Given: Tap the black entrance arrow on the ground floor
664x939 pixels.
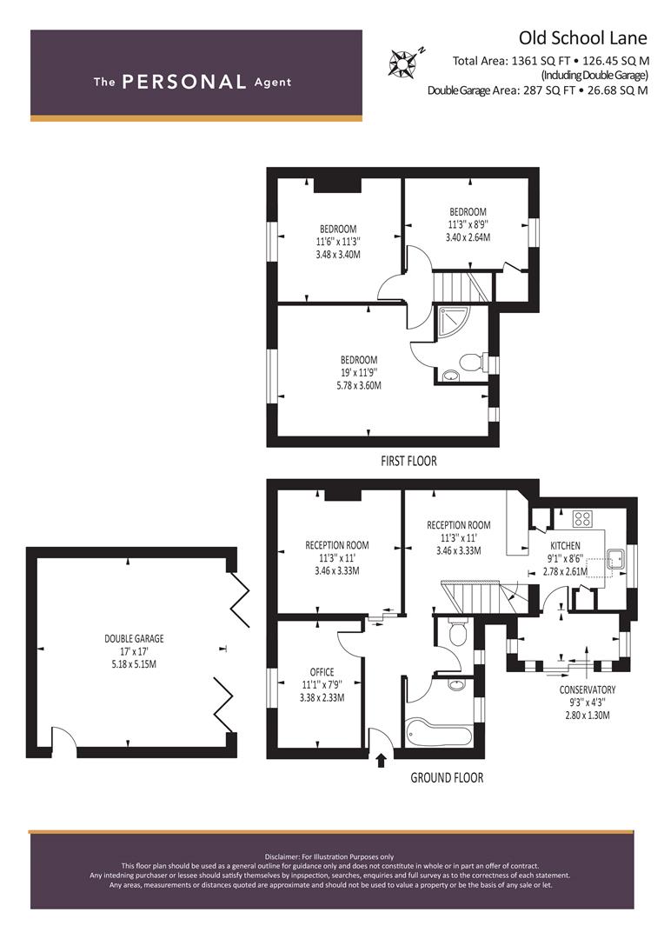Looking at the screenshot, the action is click(381, 759).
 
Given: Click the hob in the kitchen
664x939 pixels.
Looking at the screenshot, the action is click(582, 518).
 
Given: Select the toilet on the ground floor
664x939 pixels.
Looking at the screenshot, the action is click(457, 632).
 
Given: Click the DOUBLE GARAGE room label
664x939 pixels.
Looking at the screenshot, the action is click(134, 638).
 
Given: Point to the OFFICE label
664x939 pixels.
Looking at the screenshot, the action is click(322, 672).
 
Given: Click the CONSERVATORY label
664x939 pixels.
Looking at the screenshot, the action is click(588, 689).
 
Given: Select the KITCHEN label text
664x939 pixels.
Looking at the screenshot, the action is click(565, 545).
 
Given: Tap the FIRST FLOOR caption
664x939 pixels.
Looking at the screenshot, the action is click(409, 461).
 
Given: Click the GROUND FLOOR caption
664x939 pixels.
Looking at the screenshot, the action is click(447, 778).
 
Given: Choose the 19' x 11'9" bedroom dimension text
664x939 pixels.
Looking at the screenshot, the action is click(359, 372).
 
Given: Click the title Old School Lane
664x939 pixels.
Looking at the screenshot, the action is click(582, 37).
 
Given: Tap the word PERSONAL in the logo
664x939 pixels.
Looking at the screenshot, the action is click(183, 82).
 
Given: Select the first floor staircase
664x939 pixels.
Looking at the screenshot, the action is click(461, 287).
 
